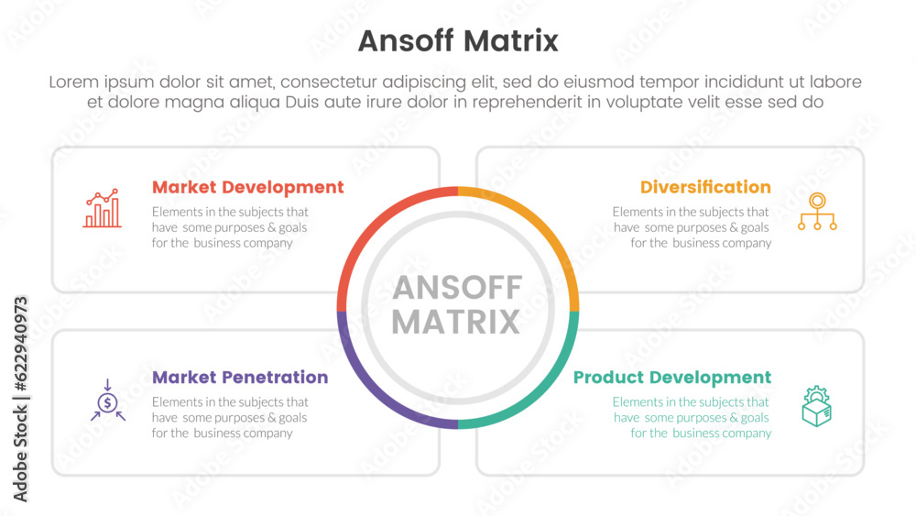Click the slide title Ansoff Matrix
click(x=458, y=41)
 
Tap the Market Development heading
click(x=247, y=187)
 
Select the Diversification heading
click(x=705, y=187)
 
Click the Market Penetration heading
click(x=240, y=377)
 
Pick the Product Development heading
click(x=672, y=378)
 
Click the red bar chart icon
click(x=103, y=208)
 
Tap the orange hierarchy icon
click(x=817, y=211)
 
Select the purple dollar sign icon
click(x=107, y=401)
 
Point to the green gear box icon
click(x=817, y=406)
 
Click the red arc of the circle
click(x=372, y=223)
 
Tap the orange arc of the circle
click(x=544, y=223)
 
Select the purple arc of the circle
click(x=372, y=393)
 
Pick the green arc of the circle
click(x=544, y=393)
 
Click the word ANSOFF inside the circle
click(x=457, y=288)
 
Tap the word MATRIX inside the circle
click(x=456, y=322)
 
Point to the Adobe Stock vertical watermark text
click(x=20, y=400)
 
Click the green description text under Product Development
click(x=692, y=417)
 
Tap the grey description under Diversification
click(x=692, y=227)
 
